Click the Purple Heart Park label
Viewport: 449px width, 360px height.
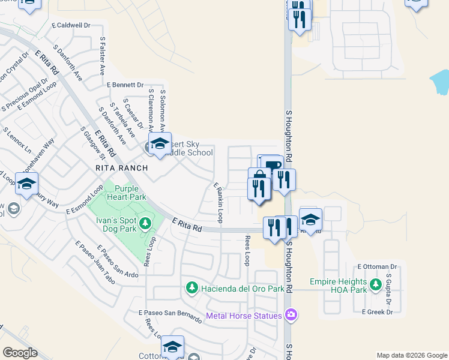pyautogui.click(x=126, y=193)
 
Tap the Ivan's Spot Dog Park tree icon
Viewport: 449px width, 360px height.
pyautogui.click(x=145, y=224)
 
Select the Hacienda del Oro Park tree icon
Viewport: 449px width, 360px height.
pyautogui.click(x=191, y=289)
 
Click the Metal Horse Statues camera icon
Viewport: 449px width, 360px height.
pyautogui.click(x=291, y=315)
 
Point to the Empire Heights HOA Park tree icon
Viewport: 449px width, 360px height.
pyautogui.click(x=376, y=285)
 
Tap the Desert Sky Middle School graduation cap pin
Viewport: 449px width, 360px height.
pyautogui.click(x=160, y=145)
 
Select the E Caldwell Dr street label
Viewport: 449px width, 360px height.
pyautogui.click(x=71, y=26)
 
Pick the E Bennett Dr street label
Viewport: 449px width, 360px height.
pyautogui.click(x=125, y=85)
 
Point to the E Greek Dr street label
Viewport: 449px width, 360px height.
pyautogui.click(x=377, y=311)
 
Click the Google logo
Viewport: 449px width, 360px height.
pyautogui.click(x=20, y=352)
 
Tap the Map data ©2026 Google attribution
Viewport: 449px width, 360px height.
pyautogui.click(x=411, y=355)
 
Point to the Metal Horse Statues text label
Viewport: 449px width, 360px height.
pyautogui.click(x=244, y=316)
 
